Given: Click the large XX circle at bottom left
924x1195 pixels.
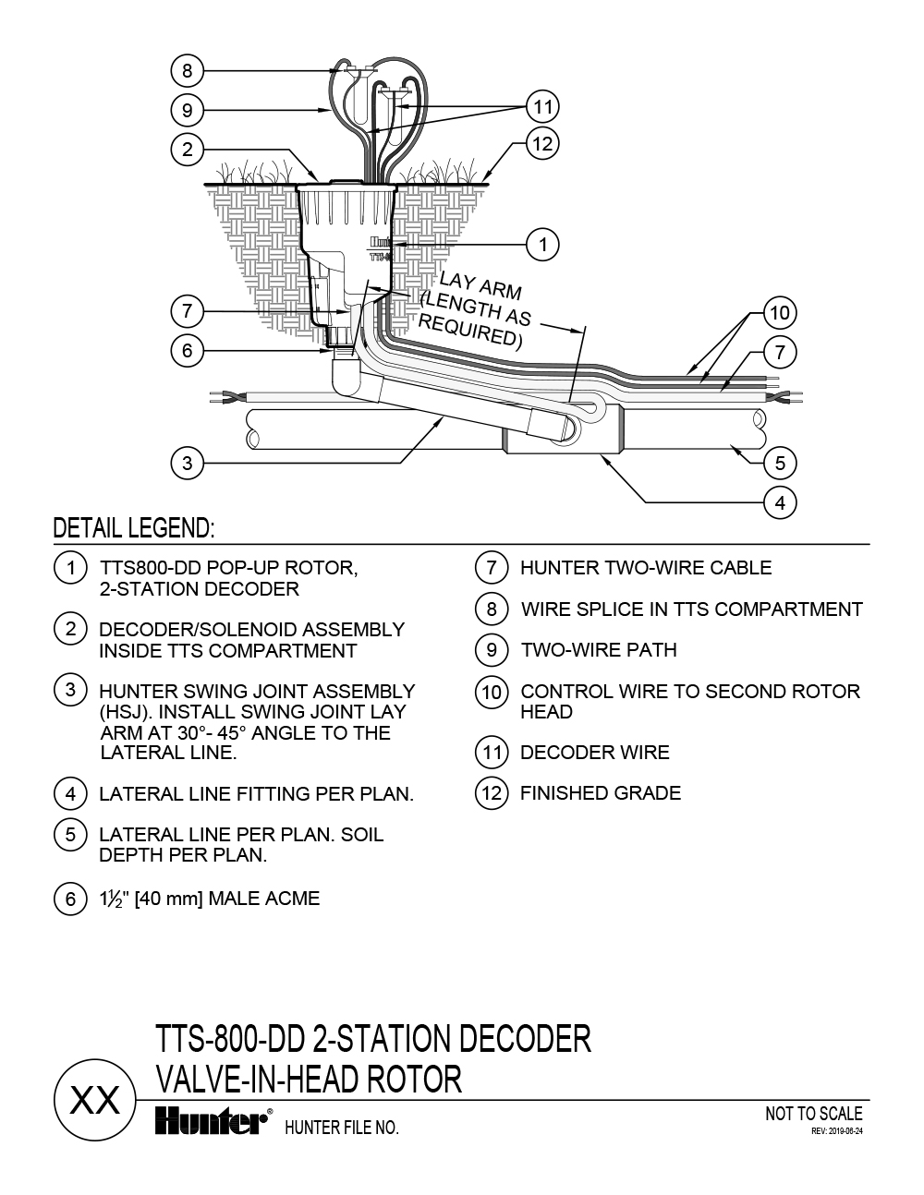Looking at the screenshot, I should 95,1101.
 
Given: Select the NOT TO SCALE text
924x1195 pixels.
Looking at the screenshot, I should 813,1114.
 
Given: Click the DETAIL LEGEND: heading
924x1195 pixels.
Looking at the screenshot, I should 134,528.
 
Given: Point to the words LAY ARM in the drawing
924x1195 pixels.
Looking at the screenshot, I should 480,285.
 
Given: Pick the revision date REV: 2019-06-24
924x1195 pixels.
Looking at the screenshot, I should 836,1130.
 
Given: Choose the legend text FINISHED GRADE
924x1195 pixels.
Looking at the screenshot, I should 601,792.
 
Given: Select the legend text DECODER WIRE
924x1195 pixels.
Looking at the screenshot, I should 594,752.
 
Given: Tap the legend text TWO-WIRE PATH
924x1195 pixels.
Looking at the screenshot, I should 598,649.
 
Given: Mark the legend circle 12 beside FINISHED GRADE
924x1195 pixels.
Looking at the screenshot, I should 492,792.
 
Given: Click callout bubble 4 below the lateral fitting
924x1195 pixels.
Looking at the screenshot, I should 781,502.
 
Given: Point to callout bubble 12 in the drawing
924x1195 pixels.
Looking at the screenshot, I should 543,143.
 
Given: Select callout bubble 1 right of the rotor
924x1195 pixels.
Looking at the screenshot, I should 543,244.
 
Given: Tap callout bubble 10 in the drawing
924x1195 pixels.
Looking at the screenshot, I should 781,312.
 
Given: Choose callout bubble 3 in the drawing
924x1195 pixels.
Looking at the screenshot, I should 188,462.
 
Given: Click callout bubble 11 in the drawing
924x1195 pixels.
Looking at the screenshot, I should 543,106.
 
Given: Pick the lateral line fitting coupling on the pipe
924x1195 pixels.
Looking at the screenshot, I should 564,431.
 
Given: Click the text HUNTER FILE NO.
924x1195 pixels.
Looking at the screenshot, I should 342,1127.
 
